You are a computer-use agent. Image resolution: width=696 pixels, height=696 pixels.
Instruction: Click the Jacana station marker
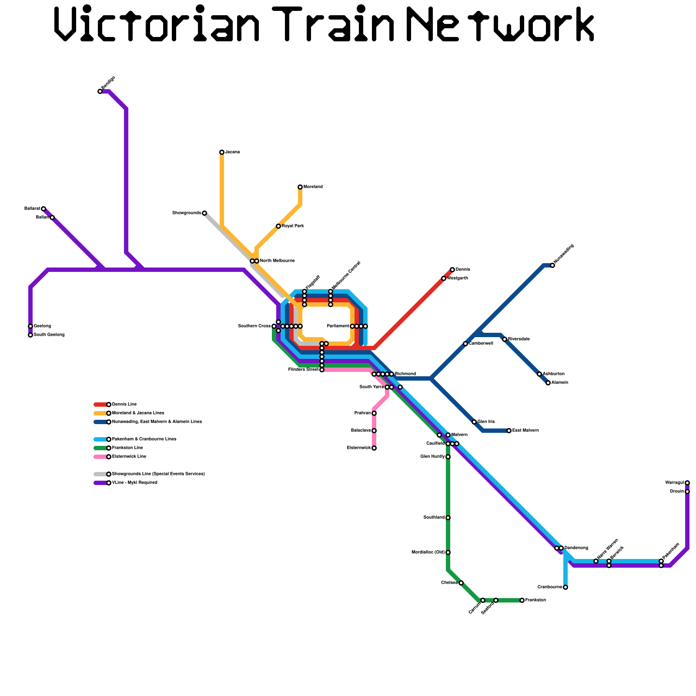pos(222,152)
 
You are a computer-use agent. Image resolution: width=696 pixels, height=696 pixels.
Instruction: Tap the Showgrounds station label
pos(187,213)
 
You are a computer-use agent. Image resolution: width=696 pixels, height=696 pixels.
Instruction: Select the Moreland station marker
pos(300,187)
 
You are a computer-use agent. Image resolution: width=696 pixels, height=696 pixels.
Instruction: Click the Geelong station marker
pos(30,326)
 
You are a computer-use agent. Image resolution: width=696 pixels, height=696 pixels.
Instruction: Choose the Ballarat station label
pos(32,209)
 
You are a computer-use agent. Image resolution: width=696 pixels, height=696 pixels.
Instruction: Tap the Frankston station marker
pos(522,600)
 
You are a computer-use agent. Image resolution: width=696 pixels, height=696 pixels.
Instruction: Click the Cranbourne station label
pos(550,587)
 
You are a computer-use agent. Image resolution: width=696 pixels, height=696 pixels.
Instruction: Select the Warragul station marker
pos(687,483)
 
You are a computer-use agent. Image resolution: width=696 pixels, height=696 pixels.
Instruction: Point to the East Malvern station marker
pos(509,431)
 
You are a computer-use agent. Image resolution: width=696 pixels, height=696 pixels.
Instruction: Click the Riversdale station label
pos(519,339)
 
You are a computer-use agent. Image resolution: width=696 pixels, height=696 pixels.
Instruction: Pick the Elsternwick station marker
pos(374,448)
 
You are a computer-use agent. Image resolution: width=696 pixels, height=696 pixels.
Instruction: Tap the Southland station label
pos(434,518)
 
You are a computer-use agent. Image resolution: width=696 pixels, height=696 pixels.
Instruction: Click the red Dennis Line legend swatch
pos(100,405)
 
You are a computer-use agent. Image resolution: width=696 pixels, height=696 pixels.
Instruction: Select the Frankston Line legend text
pos(127,448)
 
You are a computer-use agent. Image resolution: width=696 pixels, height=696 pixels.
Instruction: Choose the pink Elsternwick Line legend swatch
pos(100,457)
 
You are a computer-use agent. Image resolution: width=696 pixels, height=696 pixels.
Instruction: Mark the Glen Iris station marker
pos(474,422)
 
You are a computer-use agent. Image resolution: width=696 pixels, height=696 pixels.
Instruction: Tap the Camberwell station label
pos(481,344)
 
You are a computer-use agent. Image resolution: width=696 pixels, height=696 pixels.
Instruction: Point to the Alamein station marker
pos(548,383)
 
